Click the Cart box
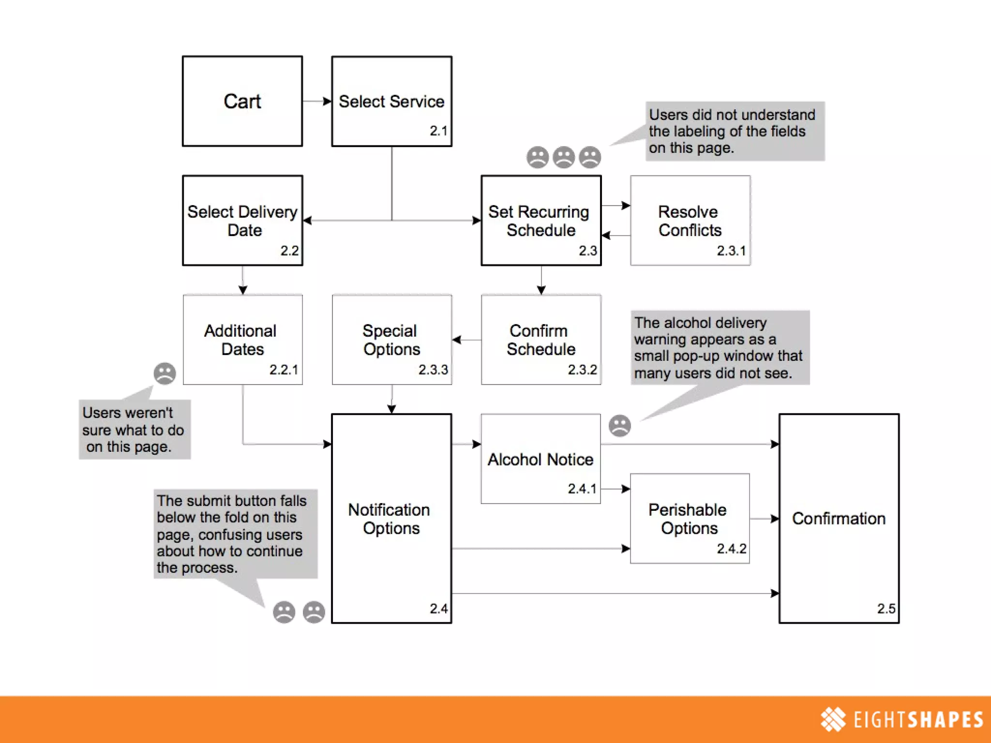242,101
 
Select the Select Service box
391,101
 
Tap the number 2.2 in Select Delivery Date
289,251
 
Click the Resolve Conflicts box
690,221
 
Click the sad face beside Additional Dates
165,373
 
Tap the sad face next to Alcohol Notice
619,426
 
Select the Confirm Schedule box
541,340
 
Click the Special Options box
391,340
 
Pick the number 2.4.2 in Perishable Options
731,549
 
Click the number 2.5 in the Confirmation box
886,609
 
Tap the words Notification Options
390,519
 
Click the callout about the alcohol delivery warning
720,347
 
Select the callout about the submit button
235,534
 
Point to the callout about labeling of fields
735,131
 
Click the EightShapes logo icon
833,719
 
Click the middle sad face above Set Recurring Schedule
564,157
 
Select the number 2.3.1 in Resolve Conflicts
731,251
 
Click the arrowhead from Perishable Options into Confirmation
775,519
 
